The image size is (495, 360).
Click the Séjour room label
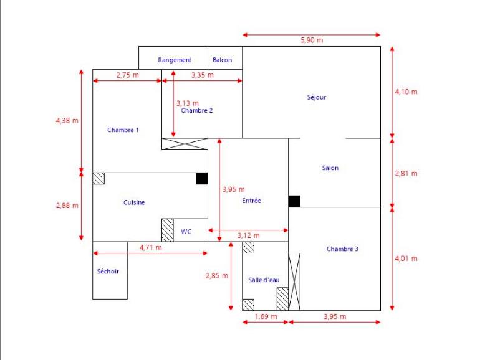(x=317, y=97)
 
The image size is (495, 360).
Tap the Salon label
(x=330, y=168)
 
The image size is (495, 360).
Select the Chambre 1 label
(x=123, y=130)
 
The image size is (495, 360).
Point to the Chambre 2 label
(x=197, y=111)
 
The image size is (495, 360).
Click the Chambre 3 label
(x=342, y=249)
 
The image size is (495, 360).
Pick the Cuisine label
(x=134, y=202)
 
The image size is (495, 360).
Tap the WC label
(x=186, y=232)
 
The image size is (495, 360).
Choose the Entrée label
(x=251, y=201)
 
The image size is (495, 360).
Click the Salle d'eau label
(x=264, y=280)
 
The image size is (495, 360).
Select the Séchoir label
(x=108, y=272)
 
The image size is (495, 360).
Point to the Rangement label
(x=175, y=60)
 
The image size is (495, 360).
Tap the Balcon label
(x=222, y=60)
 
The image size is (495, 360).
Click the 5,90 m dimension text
(x=312, y=40)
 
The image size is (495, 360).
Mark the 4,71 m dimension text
(x=150, y=247)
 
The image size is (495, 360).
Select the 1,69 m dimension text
(x=264, y=317)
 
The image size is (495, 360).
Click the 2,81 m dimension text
(x=406, y=174)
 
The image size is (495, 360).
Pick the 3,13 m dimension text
(x=187, y=103)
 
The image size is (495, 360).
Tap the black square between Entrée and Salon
(x=294, y=201)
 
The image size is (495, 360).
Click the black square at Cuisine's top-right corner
(x=202, y=179)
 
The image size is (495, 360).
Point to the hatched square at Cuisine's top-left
(x=99, y=179)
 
